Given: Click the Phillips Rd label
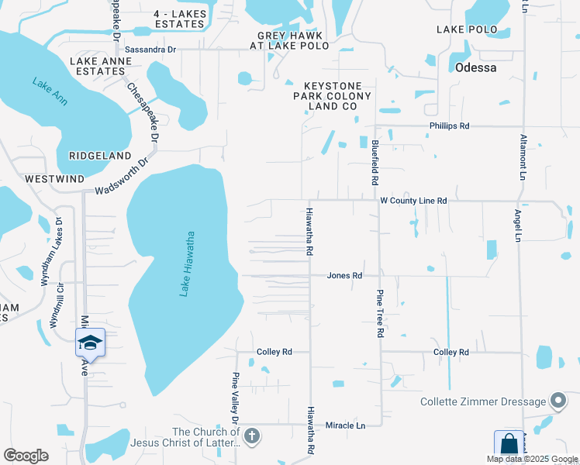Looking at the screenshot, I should click(450, 126).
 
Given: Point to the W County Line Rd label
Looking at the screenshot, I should click(413, 201).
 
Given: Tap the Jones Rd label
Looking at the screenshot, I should click(344, 275).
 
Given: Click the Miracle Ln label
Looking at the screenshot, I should click(345, 425).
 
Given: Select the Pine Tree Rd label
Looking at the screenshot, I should click(381, 312).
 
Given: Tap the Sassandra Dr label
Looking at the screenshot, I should click(150, 49).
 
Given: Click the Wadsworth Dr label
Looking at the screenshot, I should click(121, 177).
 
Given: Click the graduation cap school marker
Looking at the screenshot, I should click(90, 343).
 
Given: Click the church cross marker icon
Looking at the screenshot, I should click(251, 437).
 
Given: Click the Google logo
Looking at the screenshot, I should click(26, 456).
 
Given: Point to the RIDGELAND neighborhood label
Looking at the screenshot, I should click(100, 156).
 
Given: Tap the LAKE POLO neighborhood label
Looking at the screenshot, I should click(466, 29).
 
